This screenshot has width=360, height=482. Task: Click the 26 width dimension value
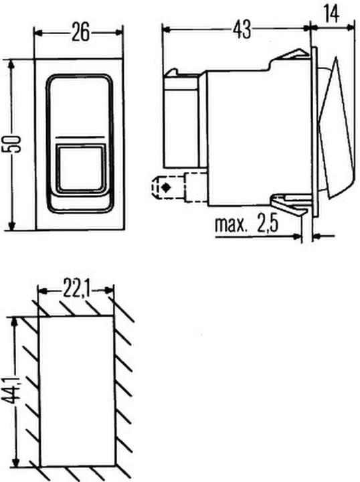coord(80,32)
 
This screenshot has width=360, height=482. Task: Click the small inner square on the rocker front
coord(78,167)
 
